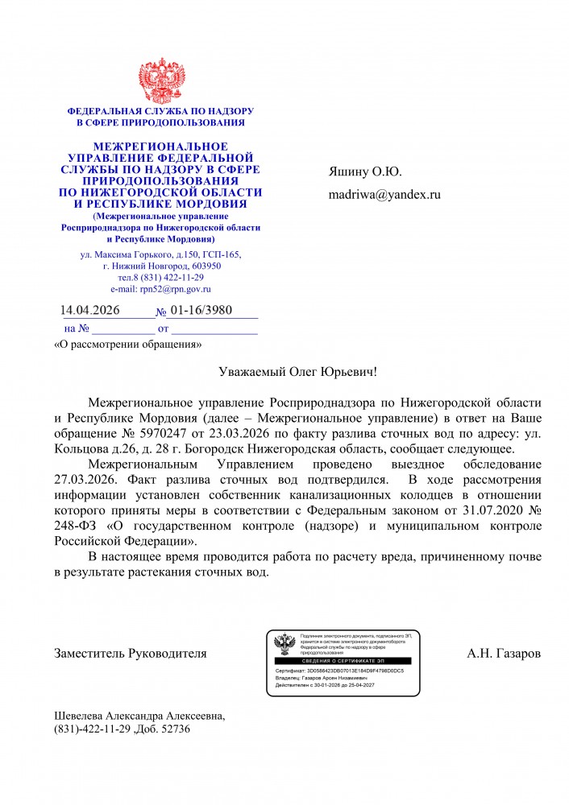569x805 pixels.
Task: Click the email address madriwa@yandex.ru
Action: (384, 194)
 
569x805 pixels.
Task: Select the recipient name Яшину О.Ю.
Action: (364, 171)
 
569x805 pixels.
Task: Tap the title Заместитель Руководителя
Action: (130, 653)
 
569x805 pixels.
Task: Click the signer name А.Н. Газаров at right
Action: (504, 653)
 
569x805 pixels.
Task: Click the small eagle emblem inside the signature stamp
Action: (284, 644)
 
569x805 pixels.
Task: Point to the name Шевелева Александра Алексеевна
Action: (139, 716)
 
